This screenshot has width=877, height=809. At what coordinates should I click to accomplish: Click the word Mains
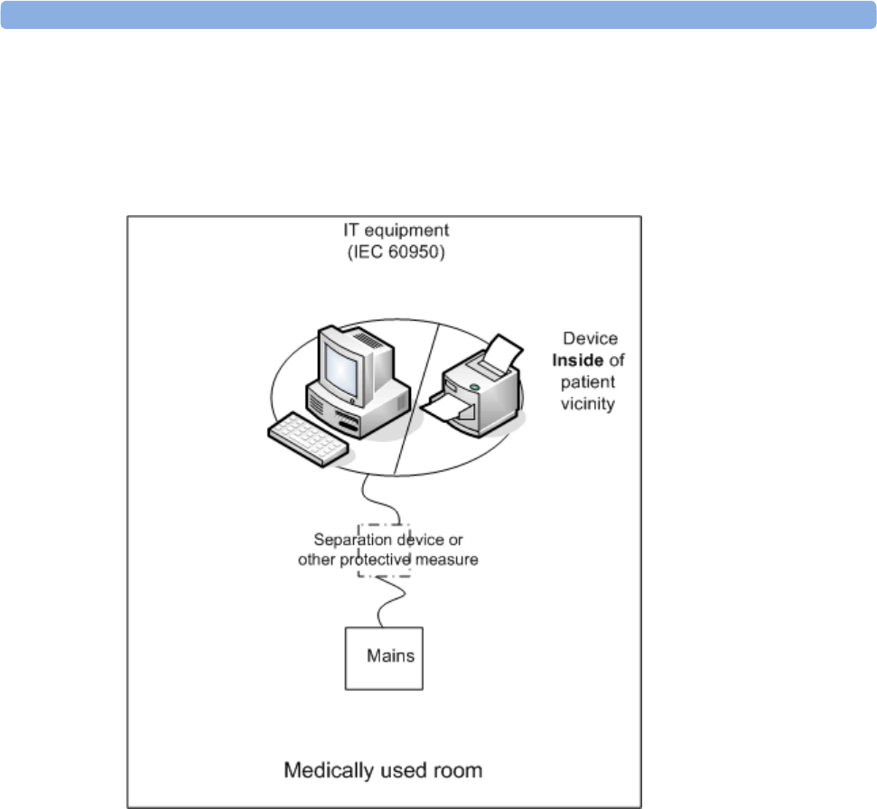(x=391, y=655)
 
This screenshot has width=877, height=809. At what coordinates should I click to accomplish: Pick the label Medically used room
(x=383, y=771)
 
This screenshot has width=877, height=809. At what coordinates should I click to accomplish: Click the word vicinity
(x=588, y=403)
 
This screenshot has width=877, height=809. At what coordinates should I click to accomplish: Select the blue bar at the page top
(x=438, y=14)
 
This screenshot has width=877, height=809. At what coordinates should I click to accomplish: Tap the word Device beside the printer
(x=591, y=339)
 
